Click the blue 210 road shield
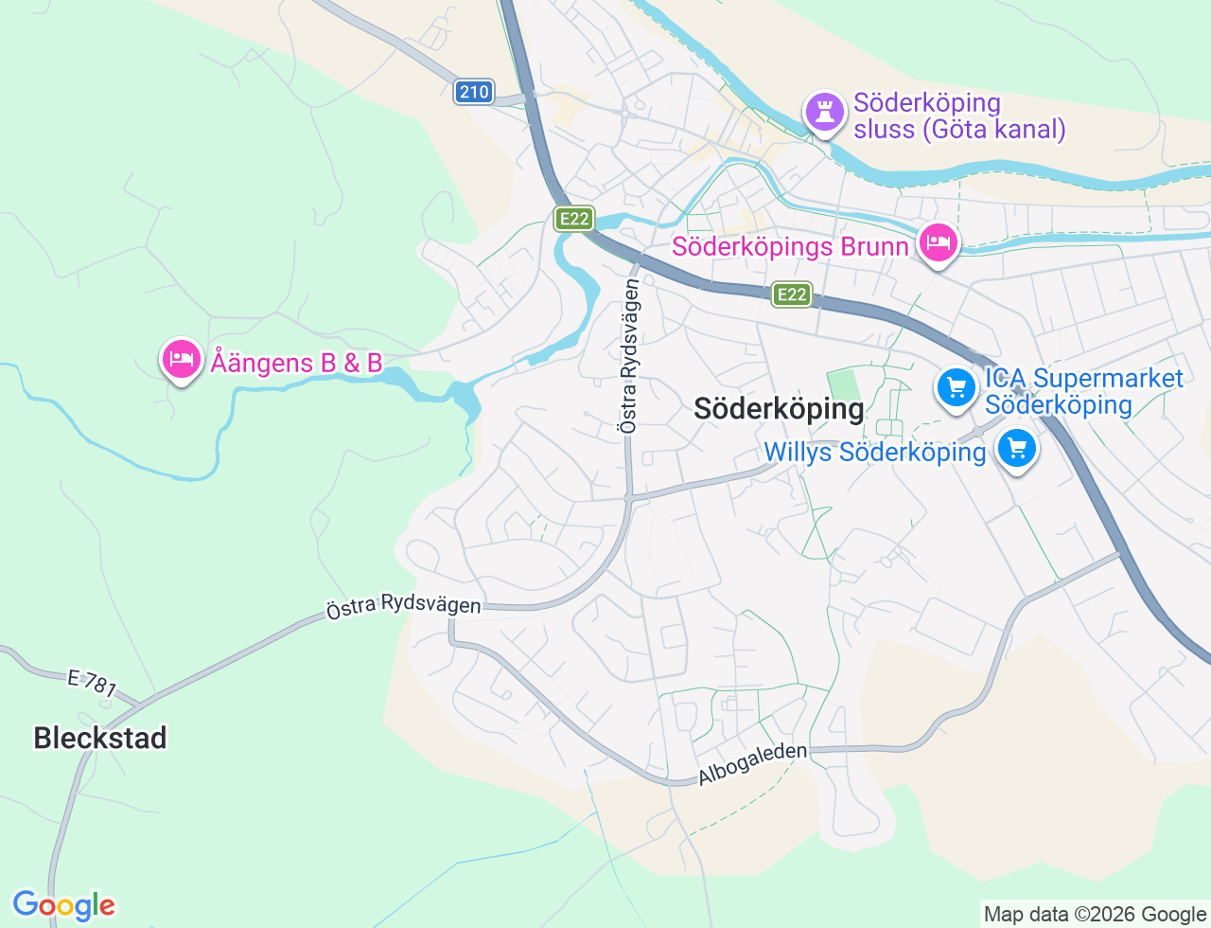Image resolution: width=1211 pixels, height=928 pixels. (474, 92)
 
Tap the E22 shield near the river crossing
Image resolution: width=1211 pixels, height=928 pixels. (574, 220)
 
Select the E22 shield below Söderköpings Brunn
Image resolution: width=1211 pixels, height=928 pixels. (791, 294)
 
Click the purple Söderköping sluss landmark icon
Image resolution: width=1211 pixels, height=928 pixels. (824, 112)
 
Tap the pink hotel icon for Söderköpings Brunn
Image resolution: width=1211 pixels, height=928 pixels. (938, 242)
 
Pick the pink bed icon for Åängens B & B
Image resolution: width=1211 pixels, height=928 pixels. (181, 359)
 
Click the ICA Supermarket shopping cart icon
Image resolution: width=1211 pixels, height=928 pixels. (956, 388)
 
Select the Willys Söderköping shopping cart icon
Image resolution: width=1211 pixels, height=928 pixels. (1017, 448)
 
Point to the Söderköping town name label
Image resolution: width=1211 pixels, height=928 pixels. (779, 409)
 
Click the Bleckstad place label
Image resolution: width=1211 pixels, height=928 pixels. (100, 738)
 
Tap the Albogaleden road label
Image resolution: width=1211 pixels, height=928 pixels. (753, 763)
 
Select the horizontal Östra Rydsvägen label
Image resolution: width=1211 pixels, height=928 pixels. (403, 604)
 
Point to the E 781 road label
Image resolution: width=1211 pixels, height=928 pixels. (92, 683)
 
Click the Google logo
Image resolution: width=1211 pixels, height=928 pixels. (63, 905)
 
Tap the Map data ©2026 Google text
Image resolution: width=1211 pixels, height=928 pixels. (1095, 914)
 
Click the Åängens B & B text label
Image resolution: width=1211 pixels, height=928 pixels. (296, 363)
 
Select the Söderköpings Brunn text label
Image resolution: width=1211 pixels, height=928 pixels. (790, 247)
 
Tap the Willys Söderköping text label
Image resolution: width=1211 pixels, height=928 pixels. (875, 452)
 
